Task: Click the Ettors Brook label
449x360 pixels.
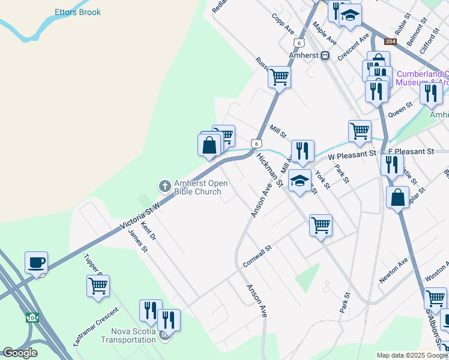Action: (77, 12)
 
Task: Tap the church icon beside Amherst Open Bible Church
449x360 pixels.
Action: (164, 187)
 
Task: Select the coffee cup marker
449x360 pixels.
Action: (36, 262)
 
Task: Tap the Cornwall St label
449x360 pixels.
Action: (258, 256)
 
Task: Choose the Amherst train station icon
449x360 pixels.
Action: (325, 55)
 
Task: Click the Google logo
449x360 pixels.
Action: (20, 353)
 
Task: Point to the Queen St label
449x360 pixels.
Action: (400, 109)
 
